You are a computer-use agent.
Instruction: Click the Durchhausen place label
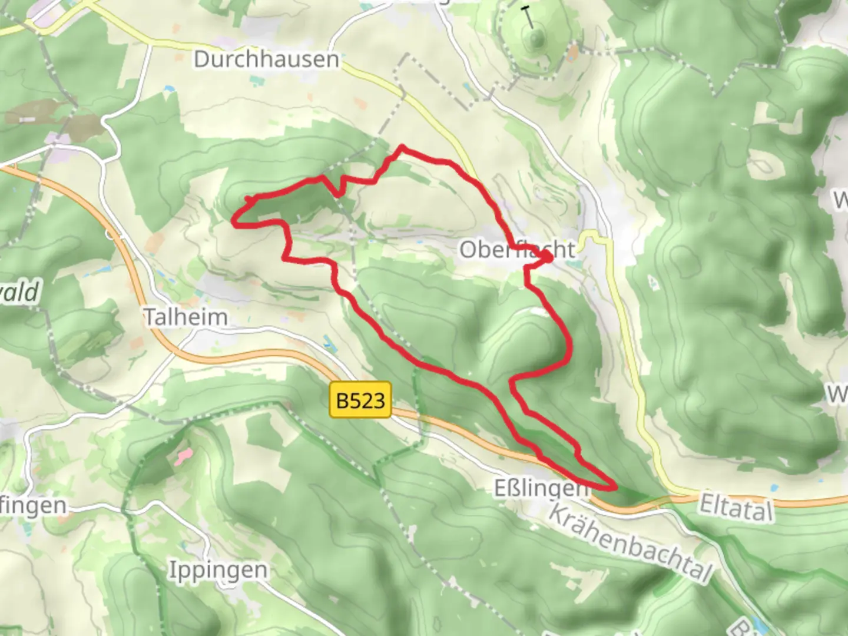click(266, 59)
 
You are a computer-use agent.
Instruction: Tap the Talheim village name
click(186, 317)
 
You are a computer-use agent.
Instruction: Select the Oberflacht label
click(517, 250)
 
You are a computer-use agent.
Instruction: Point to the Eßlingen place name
click(540, 488)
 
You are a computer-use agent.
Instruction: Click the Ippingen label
click(217, 570)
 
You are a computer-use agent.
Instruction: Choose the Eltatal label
click(736, 506)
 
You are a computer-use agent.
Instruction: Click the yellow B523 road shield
click(360, 401)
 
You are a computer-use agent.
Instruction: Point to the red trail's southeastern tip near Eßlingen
click(615, 487)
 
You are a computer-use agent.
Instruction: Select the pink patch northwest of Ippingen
click(184, 455)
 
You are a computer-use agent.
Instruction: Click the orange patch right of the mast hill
click(573, 54)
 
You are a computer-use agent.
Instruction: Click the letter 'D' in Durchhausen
click(201, 59)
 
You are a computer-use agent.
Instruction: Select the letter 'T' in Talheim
click(151, 317)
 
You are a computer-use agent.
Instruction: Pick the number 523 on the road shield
click(369, 401)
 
